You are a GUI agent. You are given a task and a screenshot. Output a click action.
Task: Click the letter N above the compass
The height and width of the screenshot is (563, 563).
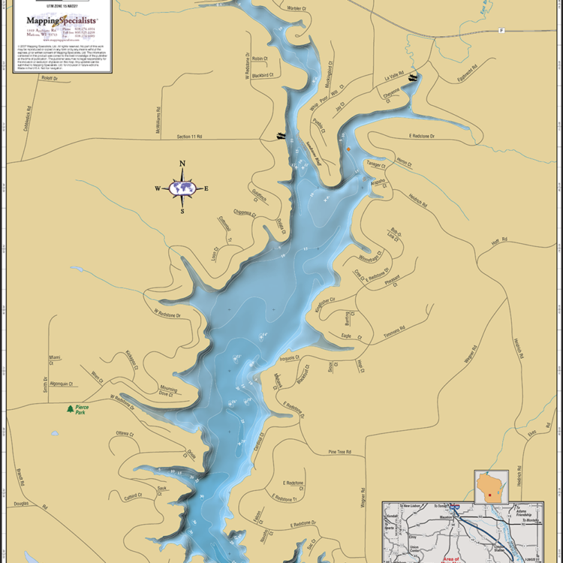(x=182, y=164)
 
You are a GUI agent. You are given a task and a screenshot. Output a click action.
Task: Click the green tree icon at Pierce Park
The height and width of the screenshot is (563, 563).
(x=71, y=409)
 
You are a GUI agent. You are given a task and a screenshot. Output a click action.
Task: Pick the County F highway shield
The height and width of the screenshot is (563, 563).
(x=501, y=31)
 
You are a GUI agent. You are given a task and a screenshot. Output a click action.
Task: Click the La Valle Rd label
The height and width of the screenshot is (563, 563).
(x=393, y=77)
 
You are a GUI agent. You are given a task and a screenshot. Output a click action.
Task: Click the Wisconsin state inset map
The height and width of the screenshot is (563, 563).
(x=491, y=487)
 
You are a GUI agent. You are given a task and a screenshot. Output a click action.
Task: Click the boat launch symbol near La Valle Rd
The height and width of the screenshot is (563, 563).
(x=412, y=77)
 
